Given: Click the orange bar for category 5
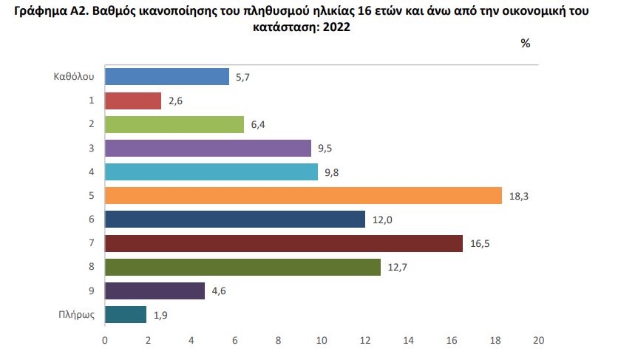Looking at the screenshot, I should coord(304,196).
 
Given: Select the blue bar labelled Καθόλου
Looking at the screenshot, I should coord(167,77).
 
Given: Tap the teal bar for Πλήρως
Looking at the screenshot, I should coord(126,315).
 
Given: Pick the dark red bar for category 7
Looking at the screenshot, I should coord(284,243).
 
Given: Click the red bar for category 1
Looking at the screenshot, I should coord(133,101).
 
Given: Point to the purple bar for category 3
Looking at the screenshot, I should coord(208,148).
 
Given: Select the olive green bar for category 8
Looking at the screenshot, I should coord(242,267).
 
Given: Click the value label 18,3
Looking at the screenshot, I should coord(518,196).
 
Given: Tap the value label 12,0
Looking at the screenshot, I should coord(381,220).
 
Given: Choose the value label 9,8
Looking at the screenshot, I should coord(333,172).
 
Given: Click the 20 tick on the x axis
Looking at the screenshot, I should coord(538,341).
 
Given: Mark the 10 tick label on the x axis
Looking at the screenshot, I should coord(322,341).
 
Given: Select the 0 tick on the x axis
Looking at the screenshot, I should coord(105,341).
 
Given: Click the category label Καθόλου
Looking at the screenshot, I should coord(73,77).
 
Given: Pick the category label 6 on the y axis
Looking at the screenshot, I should coord(91,220).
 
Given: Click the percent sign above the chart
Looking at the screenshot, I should coord(525,43).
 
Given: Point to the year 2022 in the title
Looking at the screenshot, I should coord(336,27).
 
